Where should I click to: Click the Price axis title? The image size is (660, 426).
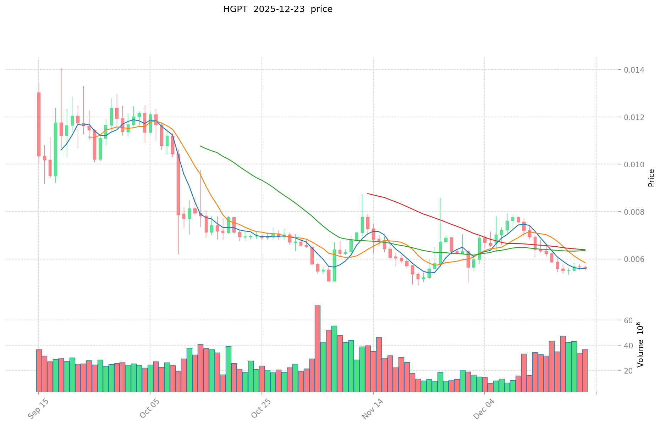pos(651,178)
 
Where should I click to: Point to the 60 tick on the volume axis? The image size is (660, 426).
pos(628,320)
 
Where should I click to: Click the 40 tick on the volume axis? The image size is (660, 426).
pos(628,346)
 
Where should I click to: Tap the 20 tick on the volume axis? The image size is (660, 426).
pos(628,371)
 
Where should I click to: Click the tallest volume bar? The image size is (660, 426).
pos(318,348)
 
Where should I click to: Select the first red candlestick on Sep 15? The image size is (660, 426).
pos(39,124)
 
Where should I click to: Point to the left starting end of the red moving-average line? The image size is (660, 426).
pos(368,194)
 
